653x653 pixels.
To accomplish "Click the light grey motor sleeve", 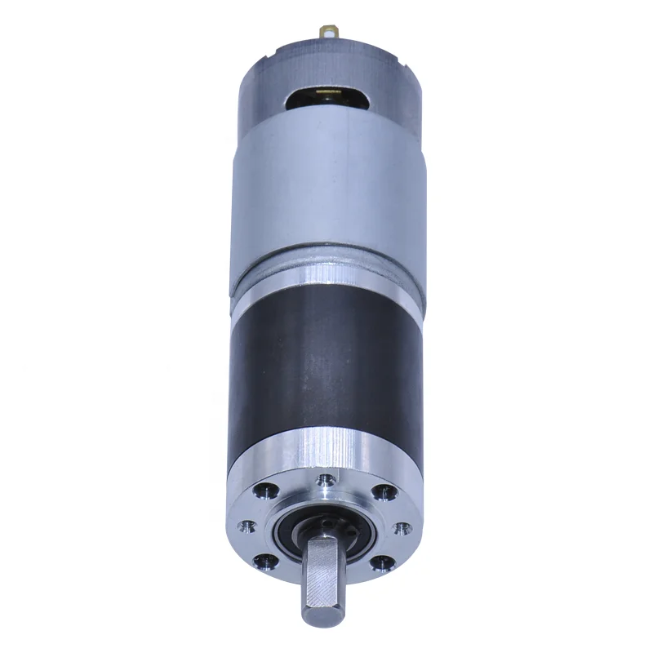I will (x=326, y=196).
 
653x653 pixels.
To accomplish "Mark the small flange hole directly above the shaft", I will (x=326, y=480).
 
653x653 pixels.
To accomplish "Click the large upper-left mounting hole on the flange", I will (x=265, y=492).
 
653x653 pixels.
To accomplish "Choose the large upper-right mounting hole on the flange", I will (x=381, y=492).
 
